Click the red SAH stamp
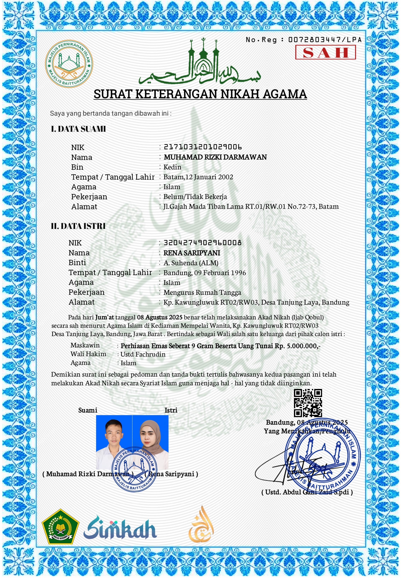(325, 52)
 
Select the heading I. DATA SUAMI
(78, 129)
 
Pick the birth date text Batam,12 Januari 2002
(198, 177)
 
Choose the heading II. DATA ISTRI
(78, 226)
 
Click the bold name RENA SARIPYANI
(192, 253)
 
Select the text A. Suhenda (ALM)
(191, 263)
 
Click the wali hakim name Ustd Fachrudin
(143, 354)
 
